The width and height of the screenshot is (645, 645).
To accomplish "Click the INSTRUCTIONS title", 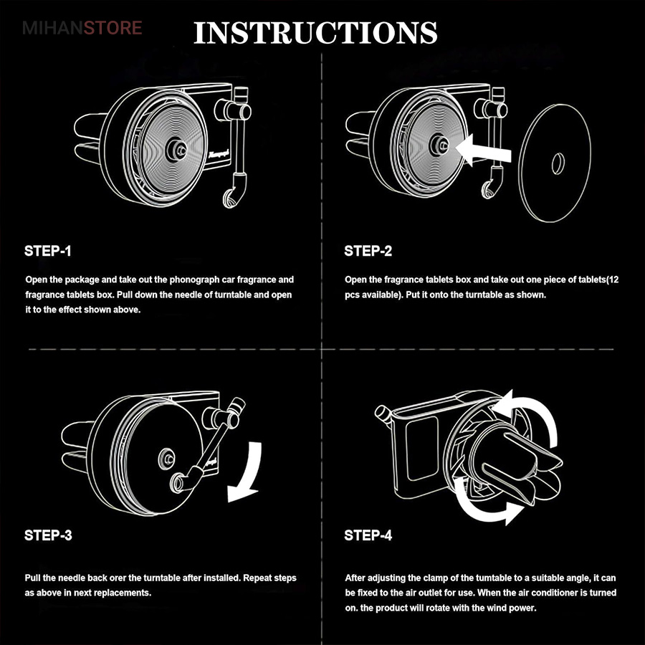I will click(315, 33).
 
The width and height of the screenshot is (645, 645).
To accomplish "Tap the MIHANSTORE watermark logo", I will click(82, 29).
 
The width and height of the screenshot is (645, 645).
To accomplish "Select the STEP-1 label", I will click(48, 251).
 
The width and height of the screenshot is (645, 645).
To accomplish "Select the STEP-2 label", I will click(368, 251).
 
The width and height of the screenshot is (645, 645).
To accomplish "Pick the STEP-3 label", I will click(48, 535).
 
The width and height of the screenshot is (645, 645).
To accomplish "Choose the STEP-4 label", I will click(368, 535).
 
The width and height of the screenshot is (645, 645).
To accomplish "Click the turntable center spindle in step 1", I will click(175, 149).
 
